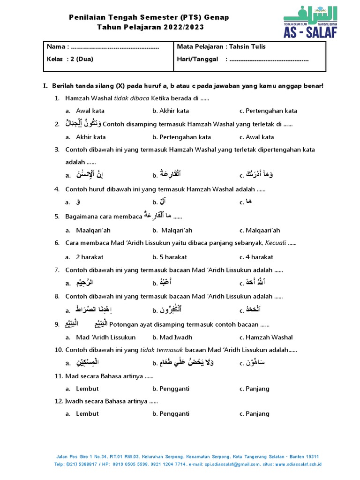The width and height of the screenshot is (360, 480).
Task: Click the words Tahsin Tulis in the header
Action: point(248,46)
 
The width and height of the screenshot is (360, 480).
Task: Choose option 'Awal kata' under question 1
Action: point(90,111)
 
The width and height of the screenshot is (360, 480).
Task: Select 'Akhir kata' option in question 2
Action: point(91,137)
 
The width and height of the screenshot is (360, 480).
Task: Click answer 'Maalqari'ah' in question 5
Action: point(93,230)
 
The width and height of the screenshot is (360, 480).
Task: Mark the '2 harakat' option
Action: point(90,257)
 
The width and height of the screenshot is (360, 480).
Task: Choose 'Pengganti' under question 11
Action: point(174,389)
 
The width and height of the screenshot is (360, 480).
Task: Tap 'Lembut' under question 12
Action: point(87,413)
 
